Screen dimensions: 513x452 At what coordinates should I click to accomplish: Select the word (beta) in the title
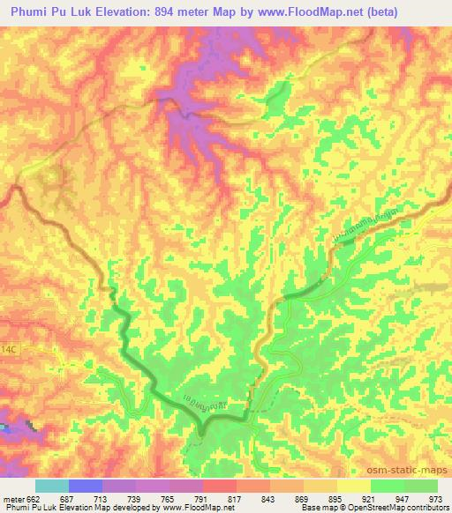354,11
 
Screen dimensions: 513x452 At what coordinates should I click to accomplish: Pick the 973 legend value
436,499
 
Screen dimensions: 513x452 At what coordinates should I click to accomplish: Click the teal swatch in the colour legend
51,486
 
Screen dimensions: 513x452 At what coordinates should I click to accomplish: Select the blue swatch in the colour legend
85,486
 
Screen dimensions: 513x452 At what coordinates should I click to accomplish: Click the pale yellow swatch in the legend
354,486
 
